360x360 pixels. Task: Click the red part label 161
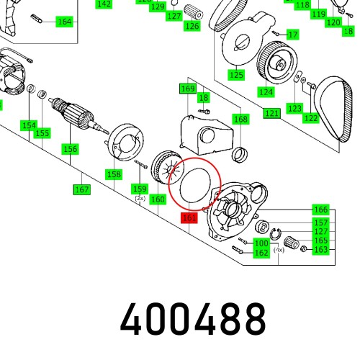[x=189, y=217]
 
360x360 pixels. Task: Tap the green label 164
[x=64, y=22]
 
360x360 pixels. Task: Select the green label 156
[x=70, y=149]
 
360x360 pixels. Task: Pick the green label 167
[x=81, y=189]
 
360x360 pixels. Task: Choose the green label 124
[x=266, y=92]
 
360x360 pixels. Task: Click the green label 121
[x=271, y=114]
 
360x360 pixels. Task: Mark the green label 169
[x=187, y=88]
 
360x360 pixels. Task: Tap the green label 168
[x=240, y=119]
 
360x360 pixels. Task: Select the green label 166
[x=320, y=210]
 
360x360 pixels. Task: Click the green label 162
[x=261, y=253]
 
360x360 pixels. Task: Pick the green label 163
[x=320, y=250]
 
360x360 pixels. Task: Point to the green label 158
[x=114, y=174]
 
